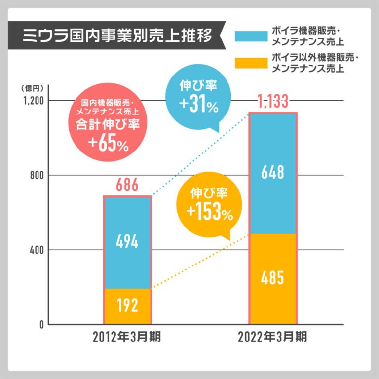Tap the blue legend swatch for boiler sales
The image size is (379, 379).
coord(252,36)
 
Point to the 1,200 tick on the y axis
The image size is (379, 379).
coord(32,101)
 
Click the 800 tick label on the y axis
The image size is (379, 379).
coord(37,175)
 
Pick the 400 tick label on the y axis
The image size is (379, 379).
coord(37,250)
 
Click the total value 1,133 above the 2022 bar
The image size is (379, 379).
coord(273,102)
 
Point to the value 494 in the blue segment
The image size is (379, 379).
coord(127,242)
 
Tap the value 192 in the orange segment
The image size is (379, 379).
coord(127,306)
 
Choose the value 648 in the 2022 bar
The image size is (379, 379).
coord(273,173)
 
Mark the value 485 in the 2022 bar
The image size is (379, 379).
coord(273,278)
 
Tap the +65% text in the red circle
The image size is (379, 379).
coord(108,144)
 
